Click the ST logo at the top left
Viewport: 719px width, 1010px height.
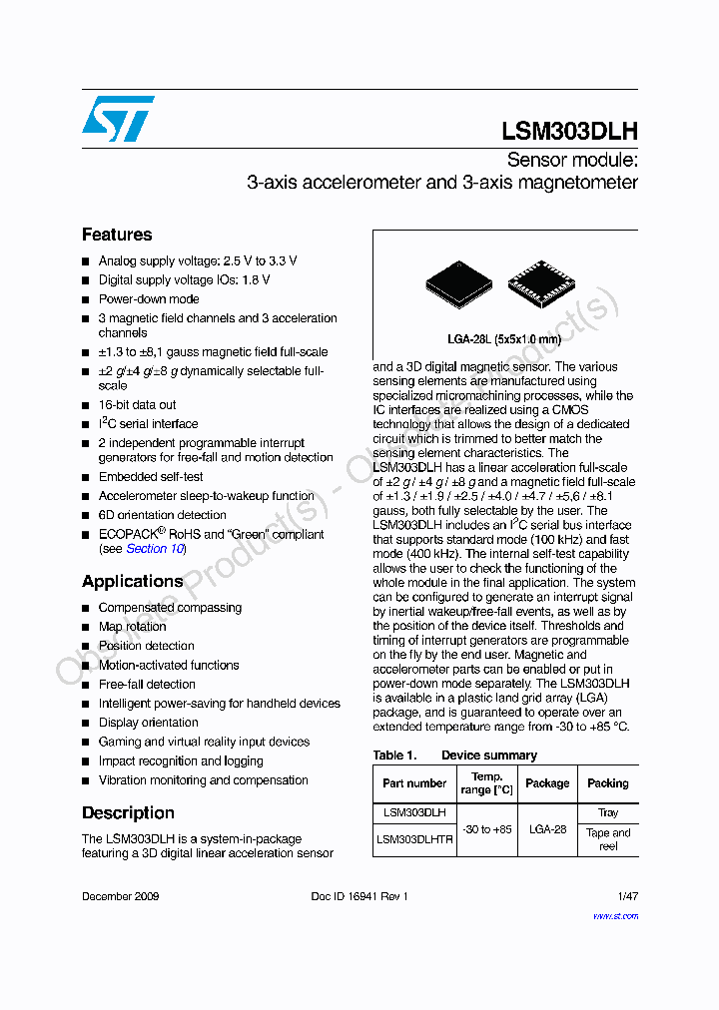[118, 118]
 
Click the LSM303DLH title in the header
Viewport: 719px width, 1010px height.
[569, 132]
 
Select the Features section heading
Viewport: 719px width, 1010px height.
[117, 235]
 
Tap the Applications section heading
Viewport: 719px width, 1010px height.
[133, 581]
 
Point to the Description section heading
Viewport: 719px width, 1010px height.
[128, 812]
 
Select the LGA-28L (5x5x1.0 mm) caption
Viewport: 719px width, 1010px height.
[504, 339]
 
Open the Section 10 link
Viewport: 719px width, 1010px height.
[155, 549]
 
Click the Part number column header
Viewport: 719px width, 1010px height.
[414, 783]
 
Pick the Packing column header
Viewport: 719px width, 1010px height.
[608, 783]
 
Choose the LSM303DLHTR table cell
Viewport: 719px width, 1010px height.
[414, 839]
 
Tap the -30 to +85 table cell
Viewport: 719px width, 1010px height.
[486, 829]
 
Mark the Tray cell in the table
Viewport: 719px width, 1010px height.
[608, 812]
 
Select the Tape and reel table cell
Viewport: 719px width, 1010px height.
[608, 839]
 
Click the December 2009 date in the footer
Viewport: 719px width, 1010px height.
[120, 896]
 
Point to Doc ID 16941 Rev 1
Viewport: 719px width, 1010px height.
[359, 896]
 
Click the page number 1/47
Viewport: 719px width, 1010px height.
[627, 896]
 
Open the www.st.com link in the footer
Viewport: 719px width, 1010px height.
[615, 915]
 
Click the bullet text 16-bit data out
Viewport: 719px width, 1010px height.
[137, 405]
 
